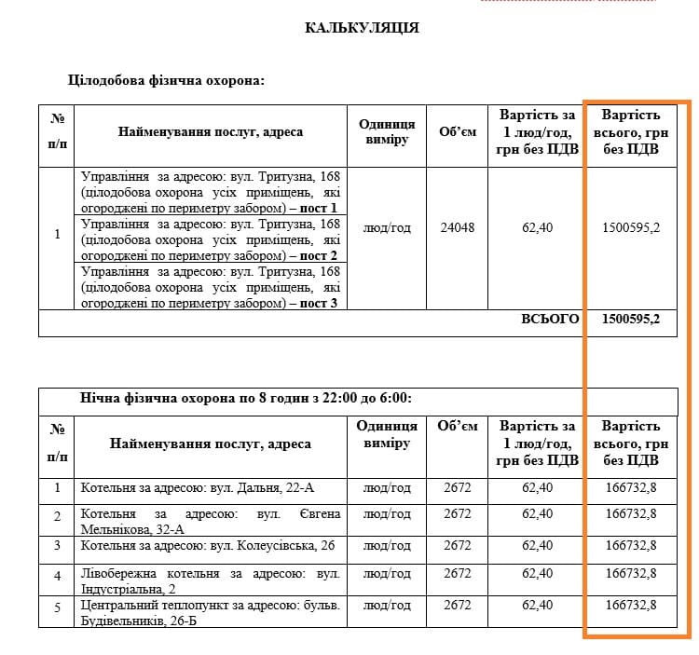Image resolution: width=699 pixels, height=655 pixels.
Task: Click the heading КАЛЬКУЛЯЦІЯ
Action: (x=362, y=28)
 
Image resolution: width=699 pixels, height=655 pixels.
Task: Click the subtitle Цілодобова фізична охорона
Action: (x=168, y=81)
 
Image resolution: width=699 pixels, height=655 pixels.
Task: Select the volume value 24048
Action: (x=457, y=228)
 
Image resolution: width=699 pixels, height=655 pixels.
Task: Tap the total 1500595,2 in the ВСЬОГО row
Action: (x=631, y=319)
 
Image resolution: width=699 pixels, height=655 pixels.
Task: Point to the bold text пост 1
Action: (x=319, y=208)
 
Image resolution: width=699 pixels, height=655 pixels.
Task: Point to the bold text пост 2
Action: (x=319, y=255)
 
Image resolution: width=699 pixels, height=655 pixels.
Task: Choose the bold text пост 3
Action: (x=319, y=303)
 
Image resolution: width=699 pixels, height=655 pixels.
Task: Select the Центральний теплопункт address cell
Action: (x=211, y=613)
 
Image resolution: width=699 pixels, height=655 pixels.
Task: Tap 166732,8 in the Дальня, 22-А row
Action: (x=631, y=487)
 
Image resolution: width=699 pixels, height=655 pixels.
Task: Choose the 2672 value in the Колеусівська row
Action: (x=458, y=545)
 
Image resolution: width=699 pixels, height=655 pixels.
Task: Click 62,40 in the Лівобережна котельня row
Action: (x=537, y=574)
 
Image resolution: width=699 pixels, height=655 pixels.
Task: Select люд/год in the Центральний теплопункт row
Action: (x=387, y=606)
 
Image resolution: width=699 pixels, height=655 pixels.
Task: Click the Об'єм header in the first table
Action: (x=458, y=132)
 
